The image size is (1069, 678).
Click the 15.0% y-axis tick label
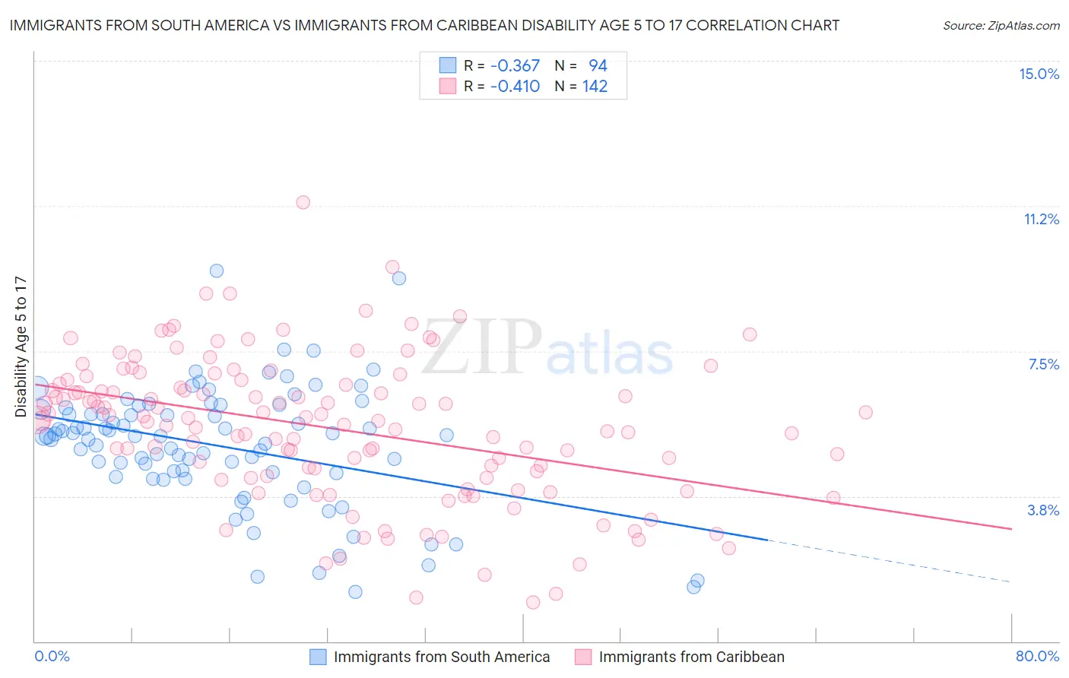1039,74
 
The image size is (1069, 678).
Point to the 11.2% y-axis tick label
1041,220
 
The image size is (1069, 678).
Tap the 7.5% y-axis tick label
1043,365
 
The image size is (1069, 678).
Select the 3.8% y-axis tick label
1043,510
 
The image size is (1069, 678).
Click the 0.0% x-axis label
52,656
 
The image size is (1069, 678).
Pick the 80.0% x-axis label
1037,656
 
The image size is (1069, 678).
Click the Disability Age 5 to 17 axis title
21,347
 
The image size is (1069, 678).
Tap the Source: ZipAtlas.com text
1001,26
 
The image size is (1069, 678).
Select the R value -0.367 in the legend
515,66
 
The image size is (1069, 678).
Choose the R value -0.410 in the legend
515,87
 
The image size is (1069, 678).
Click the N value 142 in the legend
595,87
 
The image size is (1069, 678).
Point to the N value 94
598,66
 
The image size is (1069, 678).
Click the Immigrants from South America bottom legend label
441,657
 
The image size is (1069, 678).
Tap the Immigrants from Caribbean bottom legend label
691,657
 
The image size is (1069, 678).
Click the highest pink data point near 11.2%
303,202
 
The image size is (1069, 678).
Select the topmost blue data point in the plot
217,271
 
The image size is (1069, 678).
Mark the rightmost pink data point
865,412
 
